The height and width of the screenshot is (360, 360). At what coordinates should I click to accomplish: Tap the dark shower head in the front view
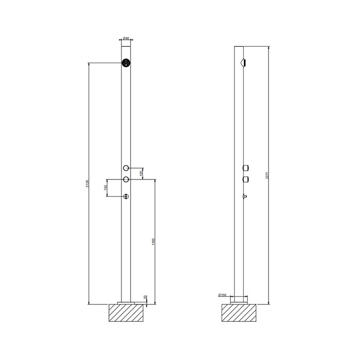tap(126, 63)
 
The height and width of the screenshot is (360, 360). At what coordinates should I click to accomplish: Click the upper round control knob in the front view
tap(126, 168)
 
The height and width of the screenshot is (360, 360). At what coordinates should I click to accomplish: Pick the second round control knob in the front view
tap(126, 179)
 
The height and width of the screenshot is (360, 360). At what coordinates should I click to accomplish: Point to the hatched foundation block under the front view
tap(126, 313)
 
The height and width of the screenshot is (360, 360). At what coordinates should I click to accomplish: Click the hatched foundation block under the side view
tap(239, 313)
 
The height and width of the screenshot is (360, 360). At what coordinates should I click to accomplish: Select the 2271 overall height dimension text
tap(267, 175)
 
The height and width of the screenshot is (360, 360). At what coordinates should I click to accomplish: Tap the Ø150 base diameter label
tap(223, 294)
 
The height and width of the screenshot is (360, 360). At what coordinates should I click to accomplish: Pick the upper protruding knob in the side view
tap(246, 168)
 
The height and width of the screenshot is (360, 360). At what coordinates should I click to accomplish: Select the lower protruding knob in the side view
tap(246, 179)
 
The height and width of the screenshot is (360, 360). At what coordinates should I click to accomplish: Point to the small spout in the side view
tap(245, 196)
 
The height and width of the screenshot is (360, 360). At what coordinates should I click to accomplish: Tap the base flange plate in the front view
tap(126, 302)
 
